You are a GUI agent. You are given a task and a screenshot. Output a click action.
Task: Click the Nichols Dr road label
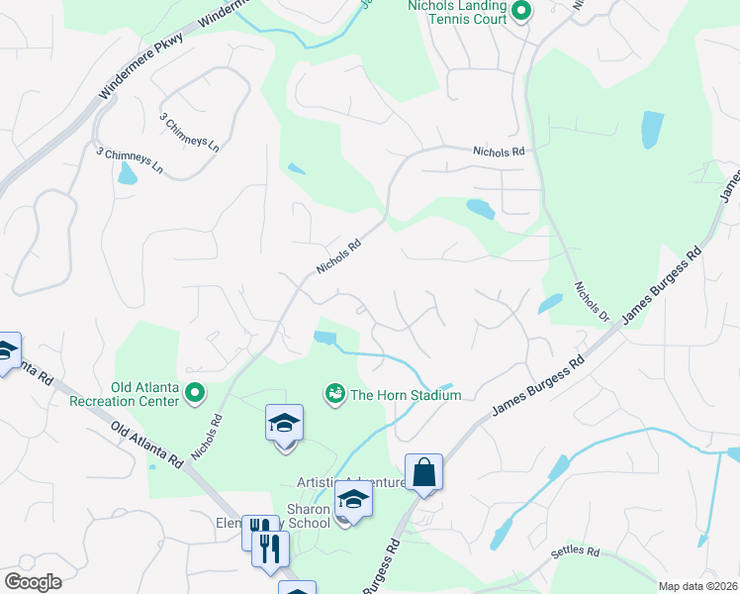pos(591,302)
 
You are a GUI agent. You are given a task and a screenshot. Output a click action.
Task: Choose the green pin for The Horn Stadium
pos(334,394)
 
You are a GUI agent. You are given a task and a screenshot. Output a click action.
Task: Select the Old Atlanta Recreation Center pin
pos(195,394)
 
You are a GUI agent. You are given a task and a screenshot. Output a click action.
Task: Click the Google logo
pos(33,582)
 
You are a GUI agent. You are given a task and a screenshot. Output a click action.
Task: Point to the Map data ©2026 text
pos(696,586)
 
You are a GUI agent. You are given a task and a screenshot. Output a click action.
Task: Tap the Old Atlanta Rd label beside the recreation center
pos(148,446)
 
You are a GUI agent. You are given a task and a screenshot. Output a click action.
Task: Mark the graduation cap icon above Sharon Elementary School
pos(284,424)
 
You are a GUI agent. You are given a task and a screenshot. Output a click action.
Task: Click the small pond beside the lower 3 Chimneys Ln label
pos(127,175)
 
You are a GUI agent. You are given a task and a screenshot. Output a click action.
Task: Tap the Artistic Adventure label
pos(352,483)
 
